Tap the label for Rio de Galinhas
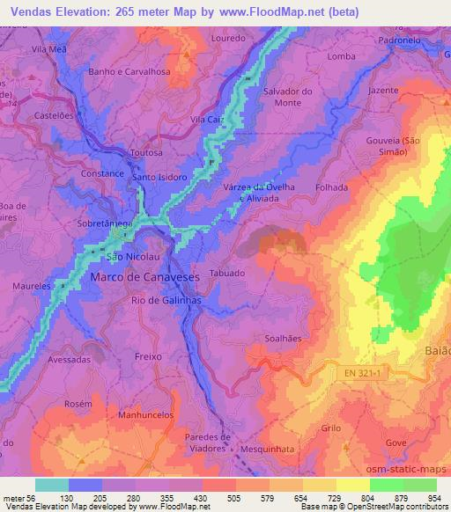pos(164,301)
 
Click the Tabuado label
pos(227,273)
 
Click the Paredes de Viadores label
pos(209,443)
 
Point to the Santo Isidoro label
pos(159,177)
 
